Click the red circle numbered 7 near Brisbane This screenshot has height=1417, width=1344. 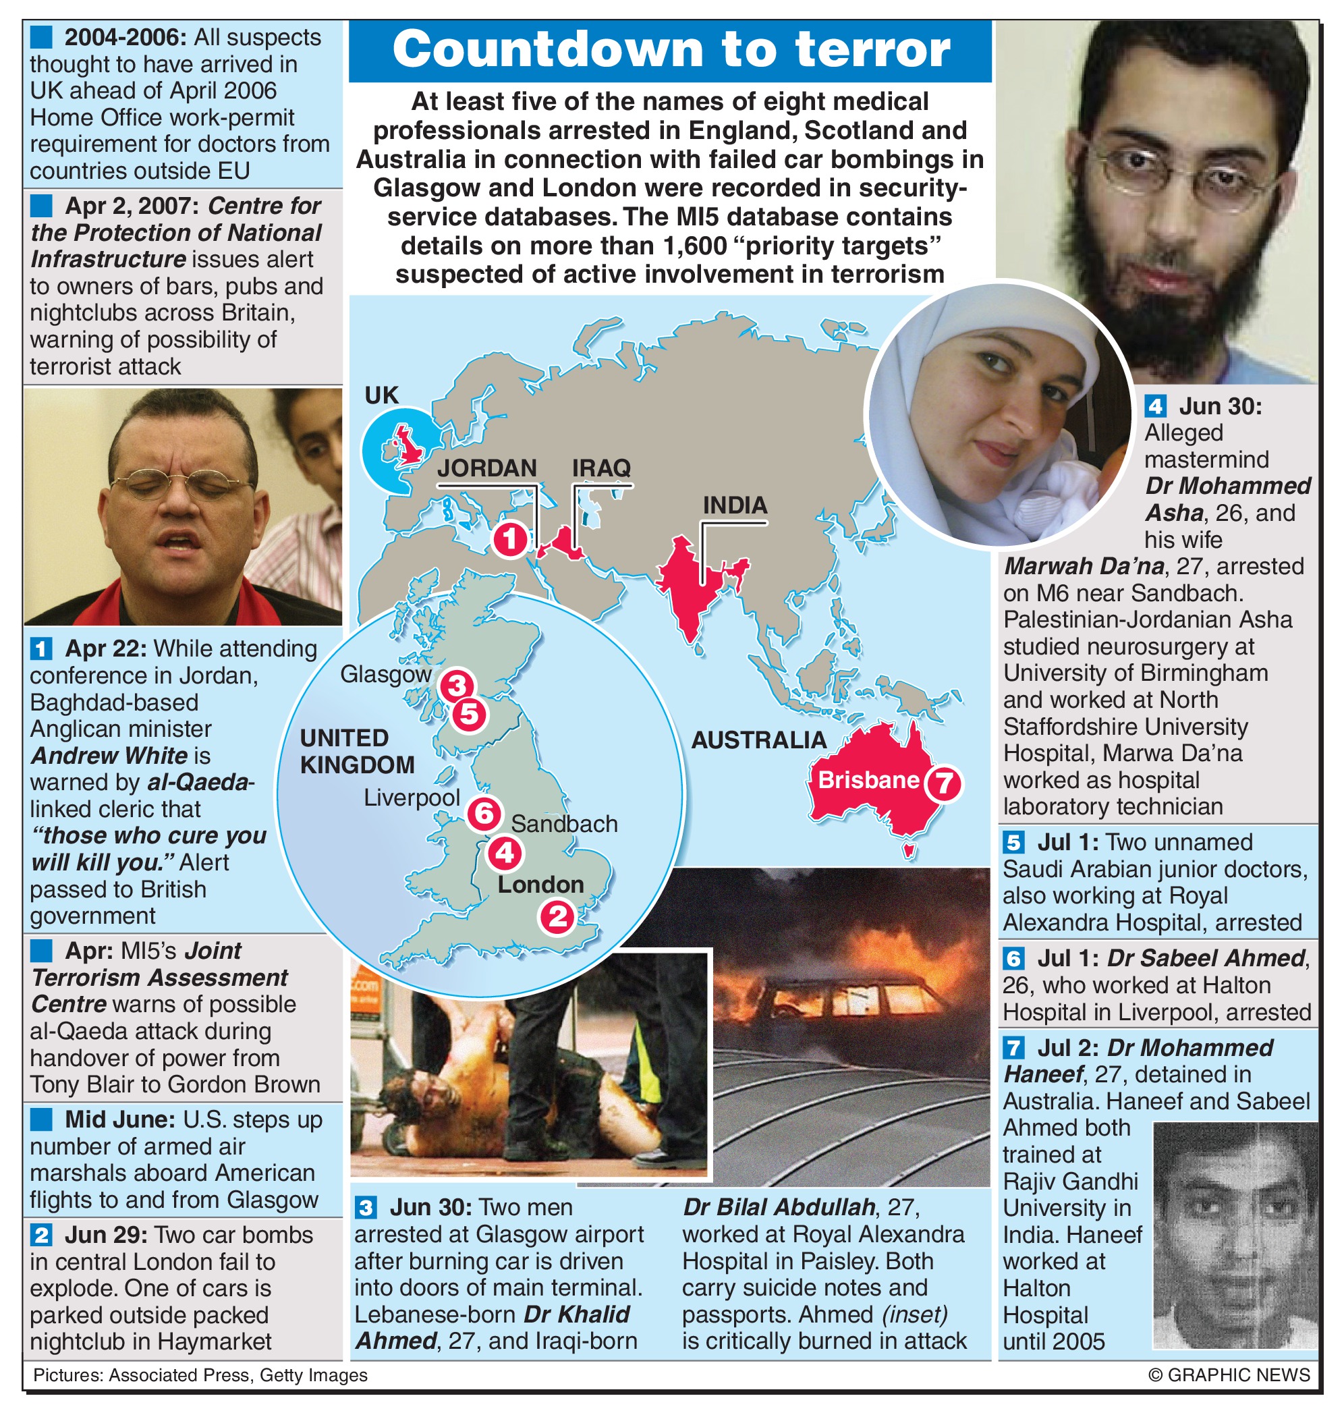[x=943, y=783]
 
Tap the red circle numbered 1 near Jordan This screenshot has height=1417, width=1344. [x=510, y=538]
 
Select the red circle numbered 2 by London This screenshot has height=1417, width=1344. [x=557, y=917]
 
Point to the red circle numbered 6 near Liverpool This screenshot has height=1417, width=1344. [x=484, y=813]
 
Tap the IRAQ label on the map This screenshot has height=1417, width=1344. [x=601, y=468]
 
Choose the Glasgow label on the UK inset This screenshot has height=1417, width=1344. [x=385, y=674]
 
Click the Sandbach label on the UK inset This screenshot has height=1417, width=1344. [x=564, y=824]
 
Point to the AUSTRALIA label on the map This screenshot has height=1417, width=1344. [x=758, y=740]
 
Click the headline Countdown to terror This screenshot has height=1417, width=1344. [x=671, y=50]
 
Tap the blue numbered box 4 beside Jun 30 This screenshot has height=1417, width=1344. [x=1155, y=406]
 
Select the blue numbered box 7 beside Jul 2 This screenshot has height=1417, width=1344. [x=1012, y=1048]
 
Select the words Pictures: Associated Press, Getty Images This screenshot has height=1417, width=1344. [x=200, y=1374]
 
